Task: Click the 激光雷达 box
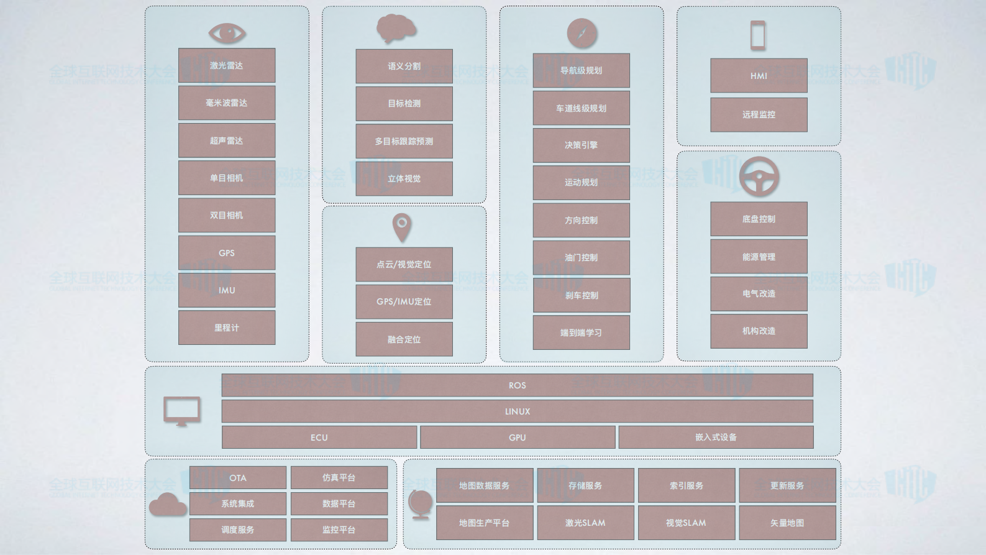tap(227, 65)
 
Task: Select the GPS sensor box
tap(227, 253)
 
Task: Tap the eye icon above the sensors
tap(227, 33)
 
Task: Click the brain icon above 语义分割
tap(396, 29)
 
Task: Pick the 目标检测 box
tap(404, 104)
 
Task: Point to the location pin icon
tap(402, 227)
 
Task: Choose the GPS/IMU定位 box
tap(404, 301)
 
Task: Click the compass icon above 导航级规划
tap(582, 34)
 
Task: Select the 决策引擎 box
tap(581, 145)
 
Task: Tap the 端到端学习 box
tap(581, 333)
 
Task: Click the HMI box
tap(759, 76)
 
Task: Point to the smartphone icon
tap(758, 35)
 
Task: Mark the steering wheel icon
tap(759, 177)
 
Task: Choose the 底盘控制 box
tap(759, 219)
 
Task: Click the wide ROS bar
tap(517, 385)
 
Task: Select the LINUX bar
tap(517, 411)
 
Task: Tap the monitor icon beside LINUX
tap(181, 411)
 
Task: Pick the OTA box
tap(237, 478)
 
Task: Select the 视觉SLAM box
tap(686, 523)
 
